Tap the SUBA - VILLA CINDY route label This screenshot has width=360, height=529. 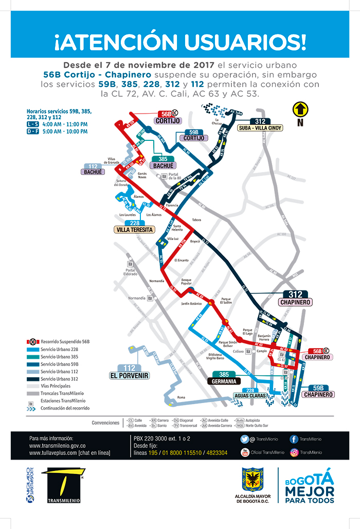[x=260, y=128]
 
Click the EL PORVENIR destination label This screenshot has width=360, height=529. [x=129, y=376]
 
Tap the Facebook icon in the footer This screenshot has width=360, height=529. [x=294, y=439]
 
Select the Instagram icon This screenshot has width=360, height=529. [x=294, y=452]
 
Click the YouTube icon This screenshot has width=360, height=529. [x=244, y=452]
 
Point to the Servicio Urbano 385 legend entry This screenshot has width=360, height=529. [x=59, y=356]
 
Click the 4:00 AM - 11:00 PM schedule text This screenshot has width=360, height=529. [x=65, y=124]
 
